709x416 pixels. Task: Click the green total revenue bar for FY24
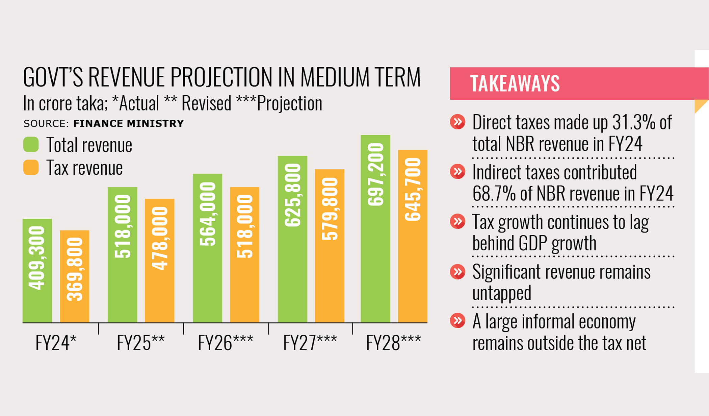tap(37, 270)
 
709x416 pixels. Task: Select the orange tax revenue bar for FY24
tap(74, 276)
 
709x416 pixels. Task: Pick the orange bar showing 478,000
tap(159, 260)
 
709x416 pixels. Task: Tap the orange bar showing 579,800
tap(330, 246)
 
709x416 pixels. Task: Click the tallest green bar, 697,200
tap(375, 228)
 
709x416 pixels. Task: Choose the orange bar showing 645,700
tap(413, 236)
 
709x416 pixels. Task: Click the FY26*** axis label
tap(225, 343)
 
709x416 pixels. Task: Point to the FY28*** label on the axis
tap(393, 343)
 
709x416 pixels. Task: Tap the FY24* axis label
tap(56, 343)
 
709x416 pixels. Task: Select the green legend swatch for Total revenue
tap(31, 145)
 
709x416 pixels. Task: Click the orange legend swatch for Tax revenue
tap(31, 168)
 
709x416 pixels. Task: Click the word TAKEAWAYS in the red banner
tap(515, 83)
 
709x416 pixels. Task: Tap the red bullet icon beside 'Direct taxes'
tap(457, 122)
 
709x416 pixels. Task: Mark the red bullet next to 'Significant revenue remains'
tap(457, 272)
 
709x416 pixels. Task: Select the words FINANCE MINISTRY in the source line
tap(128, 124)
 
